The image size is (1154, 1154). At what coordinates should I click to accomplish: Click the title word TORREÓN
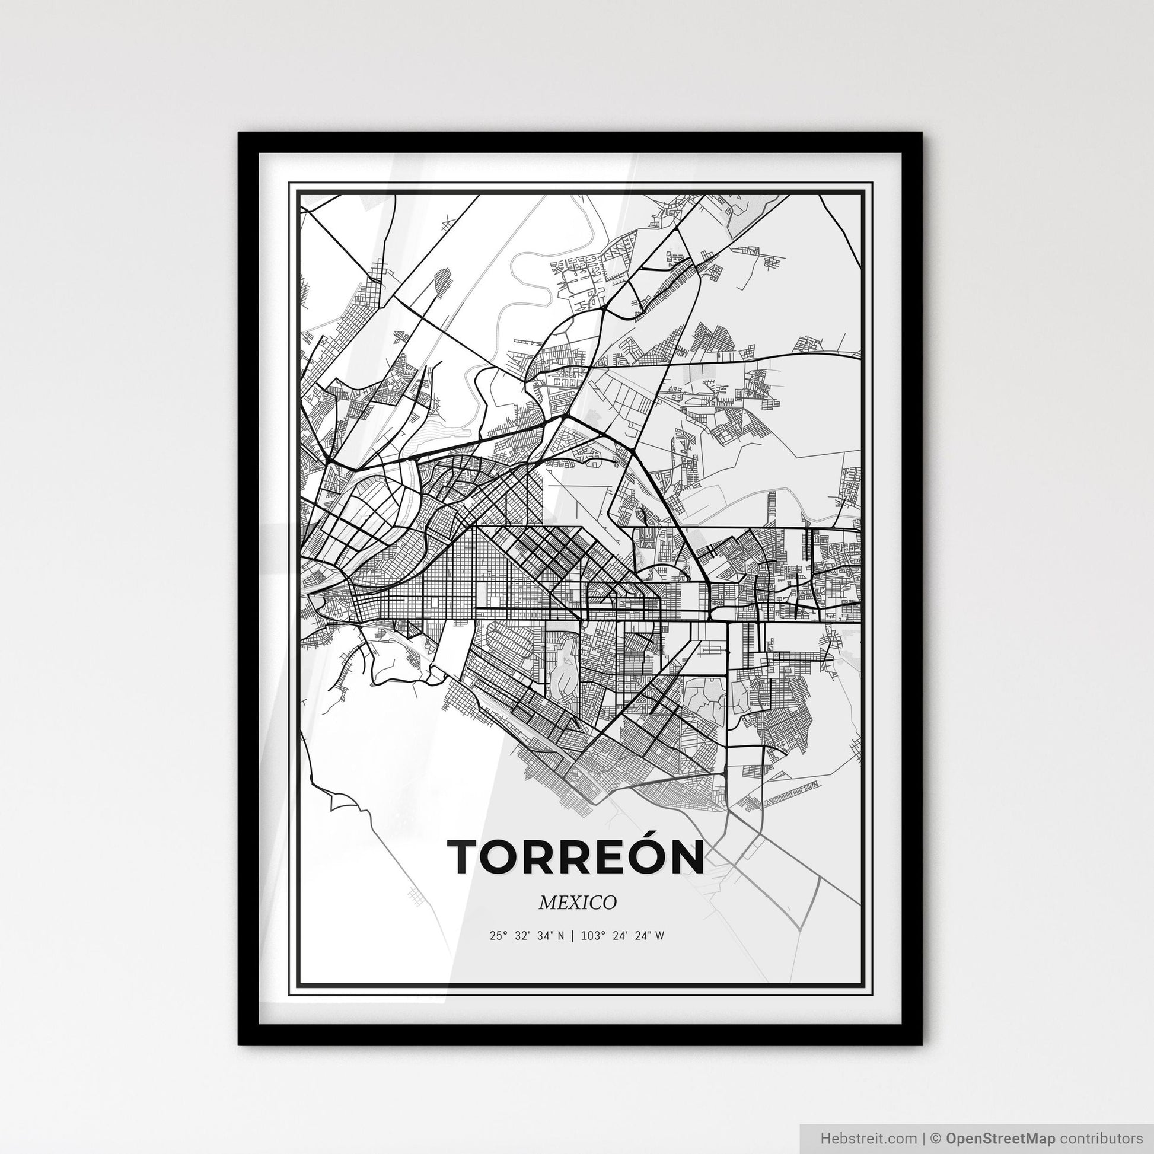(576, 857)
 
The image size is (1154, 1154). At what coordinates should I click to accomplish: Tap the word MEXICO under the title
(577, 903)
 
